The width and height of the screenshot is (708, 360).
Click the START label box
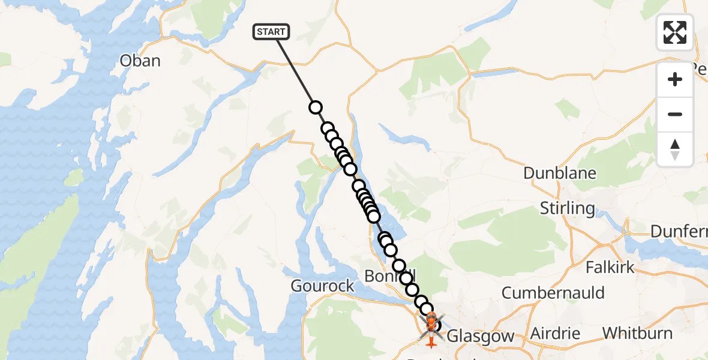point(272,32)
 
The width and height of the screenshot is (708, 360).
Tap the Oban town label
point(140,61)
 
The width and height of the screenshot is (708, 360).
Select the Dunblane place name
point(559,173)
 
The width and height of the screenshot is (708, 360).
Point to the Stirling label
point(567,208)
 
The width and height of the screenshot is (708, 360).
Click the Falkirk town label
point(610,267)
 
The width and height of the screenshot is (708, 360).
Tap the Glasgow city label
point(481,336)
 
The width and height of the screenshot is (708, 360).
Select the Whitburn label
point(637,333)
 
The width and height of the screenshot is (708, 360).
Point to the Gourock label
point(323,286)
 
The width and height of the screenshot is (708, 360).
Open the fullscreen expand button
point(675,32)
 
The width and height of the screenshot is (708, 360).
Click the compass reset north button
point(675,149)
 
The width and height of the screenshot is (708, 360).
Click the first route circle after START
point(316,107)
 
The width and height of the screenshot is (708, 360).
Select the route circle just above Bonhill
point(399,266)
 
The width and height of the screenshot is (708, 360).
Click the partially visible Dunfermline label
point(679,231)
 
